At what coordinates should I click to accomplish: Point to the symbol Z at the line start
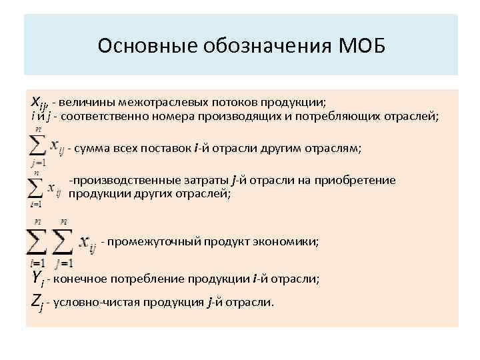pos(37,301)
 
